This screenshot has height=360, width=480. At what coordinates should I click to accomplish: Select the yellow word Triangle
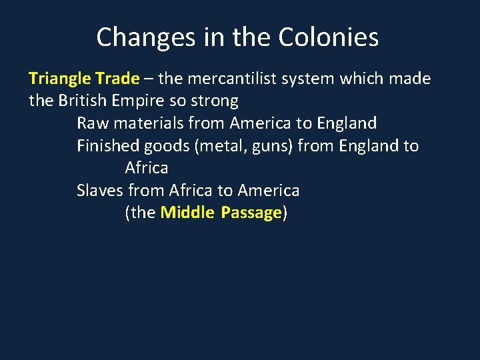point(59,79)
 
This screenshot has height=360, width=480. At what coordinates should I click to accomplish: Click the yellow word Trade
point(117,79)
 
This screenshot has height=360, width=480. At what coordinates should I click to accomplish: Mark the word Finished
point(107,146)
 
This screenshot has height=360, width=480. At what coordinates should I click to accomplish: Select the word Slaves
point(99,191)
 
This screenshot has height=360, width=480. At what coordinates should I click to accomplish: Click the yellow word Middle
point(187,213)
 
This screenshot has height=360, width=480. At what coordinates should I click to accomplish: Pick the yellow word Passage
point(251,213)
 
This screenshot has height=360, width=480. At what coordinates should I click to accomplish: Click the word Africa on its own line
point(147,168)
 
